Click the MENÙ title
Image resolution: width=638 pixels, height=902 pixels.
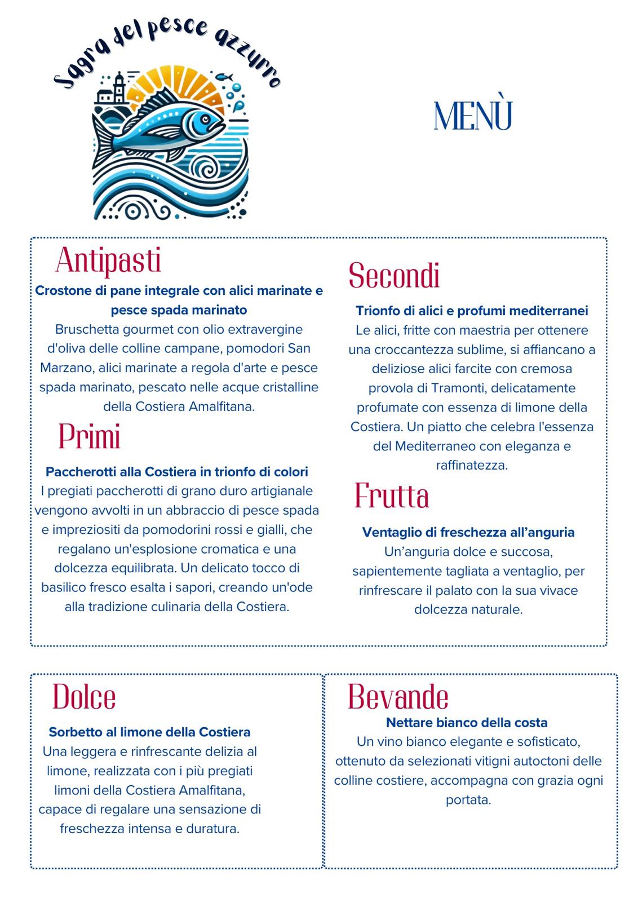pos(473,116)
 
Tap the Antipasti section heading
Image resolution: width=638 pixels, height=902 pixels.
pos(109,260)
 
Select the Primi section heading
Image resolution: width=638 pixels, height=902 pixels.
pos(90,437)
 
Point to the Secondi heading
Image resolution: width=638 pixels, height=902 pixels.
pos(394,276)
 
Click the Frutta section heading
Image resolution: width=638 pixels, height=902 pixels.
pos(392,496)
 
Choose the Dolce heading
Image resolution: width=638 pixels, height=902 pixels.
pos(84,697)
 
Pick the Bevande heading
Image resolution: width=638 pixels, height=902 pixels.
pos(398,697)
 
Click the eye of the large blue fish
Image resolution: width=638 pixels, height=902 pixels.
pos(206,119)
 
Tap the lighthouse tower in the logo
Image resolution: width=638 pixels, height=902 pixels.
pos(119,90)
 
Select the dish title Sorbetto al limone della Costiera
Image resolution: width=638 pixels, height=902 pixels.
pos(149,732)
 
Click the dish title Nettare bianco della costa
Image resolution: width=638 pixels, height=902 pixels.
pos(467,722)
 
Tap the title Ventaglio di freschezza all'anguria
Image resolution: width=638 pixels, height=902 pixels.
pos(468,532)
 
